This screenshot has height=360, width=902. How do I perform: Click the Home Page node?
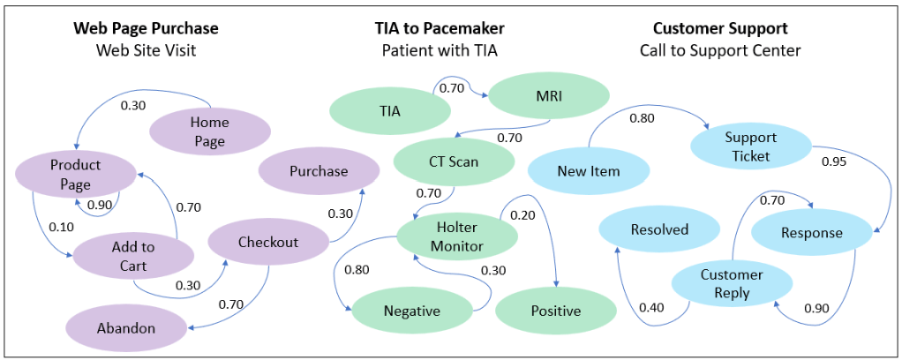[209, 131]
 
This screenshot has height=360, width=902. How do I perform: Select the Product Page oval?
[75, 174]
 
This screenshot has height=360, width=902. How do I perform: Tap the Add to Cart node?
[133, 256]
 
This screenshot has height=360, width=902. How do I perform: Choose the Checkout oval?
[267, 242]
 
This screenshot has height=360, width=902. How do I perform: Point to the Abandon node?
[124, 328]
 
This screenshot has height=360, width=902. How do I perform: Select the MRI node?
[549, 95]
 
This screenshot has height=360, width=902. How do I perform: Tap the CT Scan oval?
[454, 161]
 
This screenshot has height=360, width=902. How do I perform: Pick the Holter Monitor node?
[457, 236]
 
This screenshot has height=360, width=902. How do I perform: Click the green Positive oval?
[555, 311]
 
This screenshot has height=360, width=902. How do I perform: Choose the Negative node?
[411, 311]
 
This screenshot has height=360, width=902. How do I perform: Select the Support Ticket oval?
[750, 146]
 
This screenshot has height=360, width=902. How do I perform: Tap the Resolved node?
[659, 229]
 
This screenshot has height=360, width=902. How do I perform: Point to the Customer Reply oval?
[732, 283]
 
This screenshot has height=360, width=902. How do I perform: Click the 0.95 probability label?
[835, 161]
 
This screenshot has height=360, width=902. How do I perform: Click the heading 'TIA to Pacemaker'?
[440, 28]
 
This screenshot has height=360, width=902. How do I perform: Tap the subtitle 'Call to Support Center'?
[720, 50]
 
